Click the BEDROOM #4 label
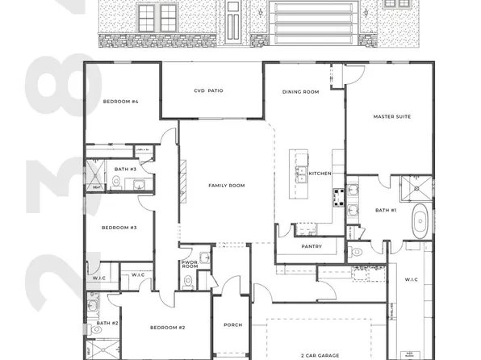121,102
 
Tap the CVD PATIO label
208,91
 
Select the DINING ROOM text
300,92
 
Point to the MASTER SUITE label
391,117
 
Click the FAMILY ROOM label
226,186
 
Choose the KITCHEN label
320,174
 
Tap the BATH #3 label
125,169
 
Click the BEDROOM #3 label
119,228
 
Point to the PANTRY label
312,246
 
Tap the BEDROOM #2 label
168,327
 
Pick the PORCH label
232,324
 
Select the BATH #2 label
107,323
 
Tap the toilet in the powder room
187,281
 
